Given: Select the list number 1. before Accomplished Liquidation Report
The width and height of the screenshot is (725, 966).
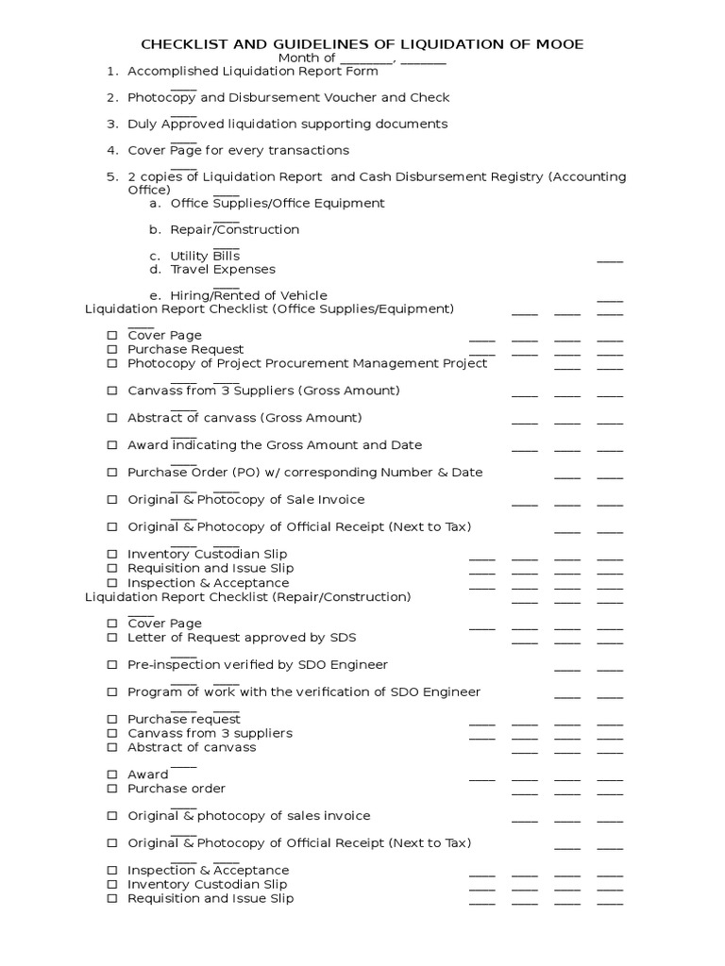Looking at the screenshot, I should coord(112,71).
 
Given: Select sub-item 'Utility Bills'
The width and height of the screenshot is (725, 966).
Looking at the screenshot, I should coord(205,256).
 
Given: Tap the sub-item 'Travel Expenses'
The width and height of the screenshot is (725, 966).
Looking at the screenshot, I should coord(223,269).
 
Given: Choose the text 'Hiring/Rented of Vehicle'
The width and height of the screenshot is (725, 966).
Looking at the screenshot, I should coord(248,295).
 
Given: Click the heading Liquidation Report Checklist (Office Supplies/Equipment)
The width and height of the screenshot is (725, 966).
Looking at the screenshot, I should coord(269,308).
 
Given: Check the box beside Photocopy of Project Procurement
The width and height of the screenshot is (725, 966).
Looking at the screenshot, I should coord(111,363).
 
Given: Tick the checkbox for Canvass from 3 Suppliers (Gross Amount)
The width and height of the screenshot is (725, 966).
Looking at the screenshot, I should coord(111,391).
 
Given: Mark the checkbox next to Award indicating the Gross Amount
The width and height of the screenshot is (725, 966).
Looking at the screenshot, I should coord(111,445).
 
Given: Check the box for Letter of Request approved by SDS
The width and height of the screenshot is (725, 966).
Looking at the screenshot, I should coord(111,638).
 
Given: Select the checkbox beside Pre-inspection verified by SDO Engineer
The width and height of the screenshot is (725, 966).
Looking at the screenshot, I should coord(111,665).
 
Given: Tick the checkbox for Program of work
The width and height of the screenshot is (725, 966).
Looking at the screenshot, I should coord(111,692).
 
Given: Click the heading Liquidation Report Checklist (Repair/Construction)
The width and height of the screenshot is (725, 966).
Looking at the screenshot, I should coord(247,597).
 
